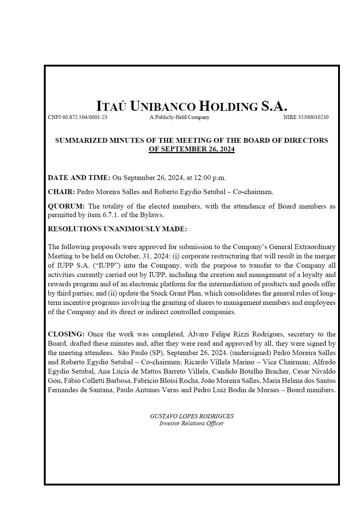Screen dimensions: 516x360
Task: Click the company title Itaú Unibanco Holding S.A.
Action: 192,106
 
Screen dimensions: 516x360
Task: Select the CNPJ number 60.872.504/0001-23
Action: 78,117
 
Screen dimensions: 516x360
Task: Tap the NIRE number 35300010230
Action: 306,117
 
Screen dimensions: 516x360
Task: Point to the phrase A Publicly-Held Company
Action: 179,117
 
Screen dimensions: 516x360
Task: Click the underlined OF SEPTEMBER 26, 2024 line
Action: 192,149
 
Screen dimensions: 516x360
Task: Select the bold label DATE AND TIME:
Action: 79,178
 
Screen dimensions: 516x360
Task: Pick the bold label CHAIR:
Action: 61,192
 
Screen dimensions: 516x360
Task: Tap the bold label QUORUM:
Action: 66,206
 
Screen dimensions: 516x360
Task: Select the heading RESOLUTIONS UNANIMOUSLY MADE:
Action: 117,229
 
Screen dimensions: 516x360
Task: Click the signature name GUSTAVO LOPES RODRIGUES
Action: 192,416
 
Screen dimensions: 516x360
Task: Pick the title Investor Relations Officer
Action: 192,424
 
